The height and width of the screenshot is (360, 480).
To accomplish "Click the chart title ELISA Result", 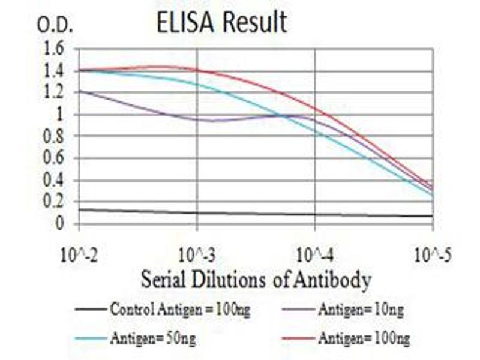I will tap(221, 23).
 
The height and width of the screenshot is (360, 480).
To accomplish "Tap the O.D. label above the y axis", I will tap(55, 25).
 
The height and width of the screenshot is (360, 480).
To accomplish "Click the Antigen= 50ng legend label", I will tap(152, 339).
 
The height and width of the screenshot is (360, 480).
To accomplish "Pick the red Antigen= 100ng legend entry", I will tap(364, 339).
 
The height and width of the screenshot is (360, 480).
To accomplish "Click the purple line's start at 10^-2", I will tap(79, 91).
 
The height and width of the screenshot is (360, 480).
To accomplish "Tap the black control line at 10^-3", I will tap(197, 212).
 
